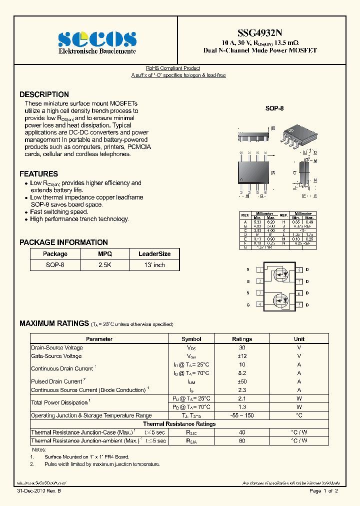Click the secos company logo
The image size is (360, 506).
tap(97, 38)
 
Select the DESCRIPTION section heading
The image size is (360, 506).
tap(44, 94)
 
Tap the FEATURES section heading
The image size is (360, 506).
tap(38, 174)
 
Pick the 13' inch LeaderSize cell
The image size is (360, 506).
tap(154, 265)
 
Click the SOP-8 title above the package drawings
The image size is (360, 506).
tap(274, 108)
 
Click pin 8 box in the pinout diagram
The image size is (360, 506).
tap(299, 270)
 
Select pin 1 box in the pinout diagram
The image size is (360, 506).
tap(260, 270)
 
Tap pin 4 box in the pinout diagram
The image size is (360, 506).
tap(260, 304)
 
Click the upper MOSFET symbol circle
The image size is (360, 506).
tap(279, 275)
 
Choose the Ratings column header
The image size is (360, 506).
tap(242, 339)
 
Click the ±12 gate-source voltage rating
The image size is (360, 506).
tap(242, 356)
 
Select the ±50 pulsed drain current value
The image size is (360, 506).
tap(242, 381)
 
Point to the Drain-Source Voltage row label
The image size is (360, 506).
tap(57, 347)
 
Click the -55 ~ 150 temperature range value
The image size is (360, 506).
tap(242, 415)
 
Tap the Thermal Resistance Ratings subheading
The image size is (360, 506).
tap(179, 424)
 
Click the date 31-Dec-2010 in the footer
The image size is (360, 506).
tap(35, 491)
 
